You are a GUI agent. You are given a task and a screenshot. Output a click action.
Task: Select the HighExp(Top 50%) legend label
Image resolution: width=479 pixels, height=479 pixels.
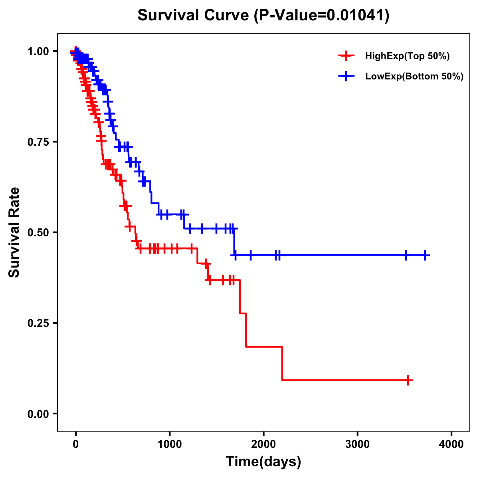pos(407,56)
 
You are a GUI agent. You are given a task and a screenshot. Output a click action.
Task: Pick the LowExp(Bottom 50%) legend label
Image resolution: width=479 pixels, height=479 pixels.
pos(414,76)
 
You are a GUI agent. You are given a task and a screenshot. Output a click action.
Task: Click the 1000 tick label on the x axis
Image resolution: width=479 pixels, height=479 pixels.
pos(170,444)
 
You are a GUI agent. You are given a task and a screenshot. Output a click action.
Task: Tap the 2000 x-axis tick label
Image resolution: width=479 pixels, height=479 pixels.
pos(263,444)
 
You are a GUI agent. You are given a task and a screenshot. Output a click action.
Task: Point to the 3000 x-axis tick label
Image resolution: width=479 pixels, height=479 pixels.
pos(357,444)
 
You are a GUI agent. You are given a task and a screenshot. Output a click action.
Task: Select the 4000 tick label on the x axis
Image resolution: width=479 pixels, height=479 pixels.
pos(451,444)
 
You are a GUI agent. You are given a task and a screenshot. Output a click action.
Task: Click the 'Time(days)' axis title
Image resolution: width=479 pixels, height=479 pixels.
pos(263,462)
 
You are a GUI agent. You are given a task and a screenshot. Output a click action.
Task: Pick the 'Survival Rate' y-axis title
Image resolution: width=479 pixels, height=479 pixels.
pos(15,232)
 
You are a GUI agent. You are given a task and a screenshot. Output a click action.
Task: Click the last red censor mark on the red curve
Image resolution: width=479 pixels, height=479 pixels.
pos(408,380)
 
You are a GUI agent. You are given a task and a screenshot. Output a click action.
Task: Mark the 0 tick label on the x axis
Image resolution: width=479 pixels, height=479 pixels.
pos(76,444)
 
